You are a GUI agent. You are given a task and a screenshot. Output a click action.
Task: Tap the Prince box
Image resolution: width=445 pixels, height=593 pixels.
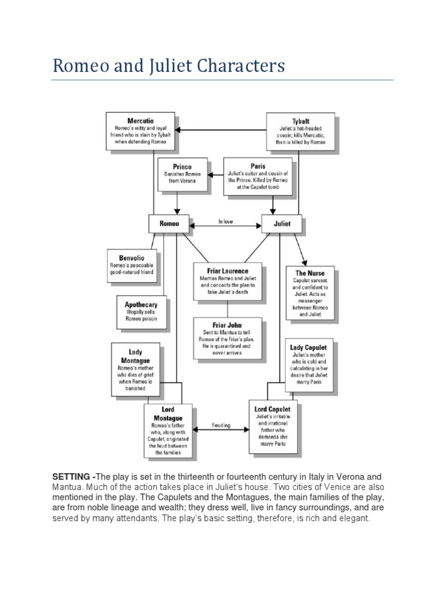tap(182, 174)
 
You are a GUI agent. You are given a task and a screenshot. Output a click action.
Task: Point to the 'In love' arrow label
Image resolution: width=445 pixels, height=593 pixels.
tap(225, 221)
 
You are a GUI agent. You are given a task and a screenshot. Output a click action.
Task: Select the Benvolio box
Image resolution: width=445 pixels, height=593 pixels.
tap(132, 265)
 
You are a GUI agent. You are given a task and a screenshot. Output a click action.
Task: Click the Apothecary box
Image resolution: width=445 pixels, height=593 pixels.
tap(141, 313)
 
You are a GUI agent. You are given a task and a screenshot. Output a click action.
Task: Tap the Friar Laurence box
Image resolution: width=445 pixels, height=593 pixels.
tap(228, 282)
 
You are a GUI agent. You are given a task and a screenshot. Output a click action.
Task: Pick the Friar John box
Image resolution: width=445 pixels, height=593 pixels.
tap(227, 337)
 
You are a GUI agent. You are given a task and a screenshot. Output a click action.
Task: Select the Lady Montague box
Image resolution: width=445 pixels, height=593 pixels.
tap(136, 369)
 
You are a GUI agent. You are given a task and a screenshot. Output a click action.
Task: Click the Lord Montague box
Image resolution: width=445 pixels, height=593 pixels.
tap(167, 430)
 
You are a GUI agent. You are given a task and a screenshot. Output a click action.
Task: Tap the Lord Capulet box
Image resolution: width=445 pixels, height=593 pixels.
tap(272, 427)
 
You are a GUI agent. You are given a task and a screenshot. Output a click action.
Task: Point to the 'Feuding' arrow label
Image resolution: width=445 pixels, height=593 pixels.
tap(220, 426)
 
